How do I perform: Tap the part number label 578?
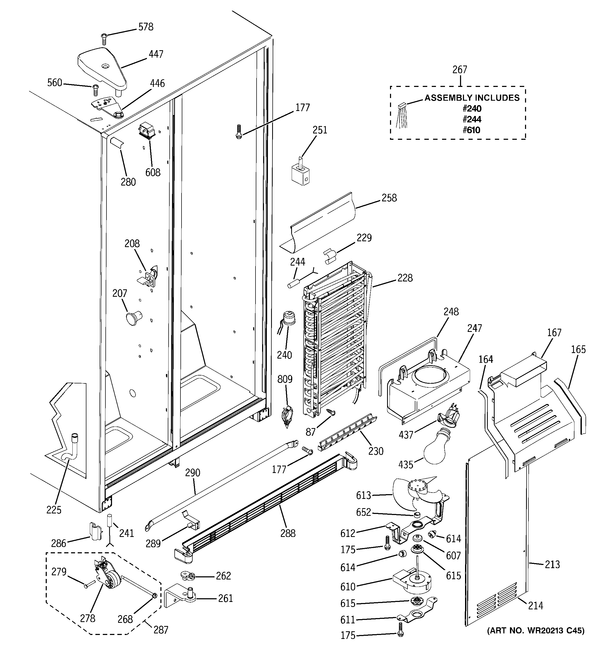tap(146, 27)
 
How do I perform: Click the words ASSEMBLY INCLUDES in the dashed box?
tap(472, 98)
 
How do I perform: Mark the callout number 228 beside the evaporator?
tap(405, 278)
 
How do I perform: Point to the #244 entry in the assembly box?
tap(472, 119)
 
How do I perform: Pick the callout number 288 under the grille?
tap(288, 533)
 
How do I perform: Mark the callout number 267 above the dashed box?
tap(460, 70)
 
